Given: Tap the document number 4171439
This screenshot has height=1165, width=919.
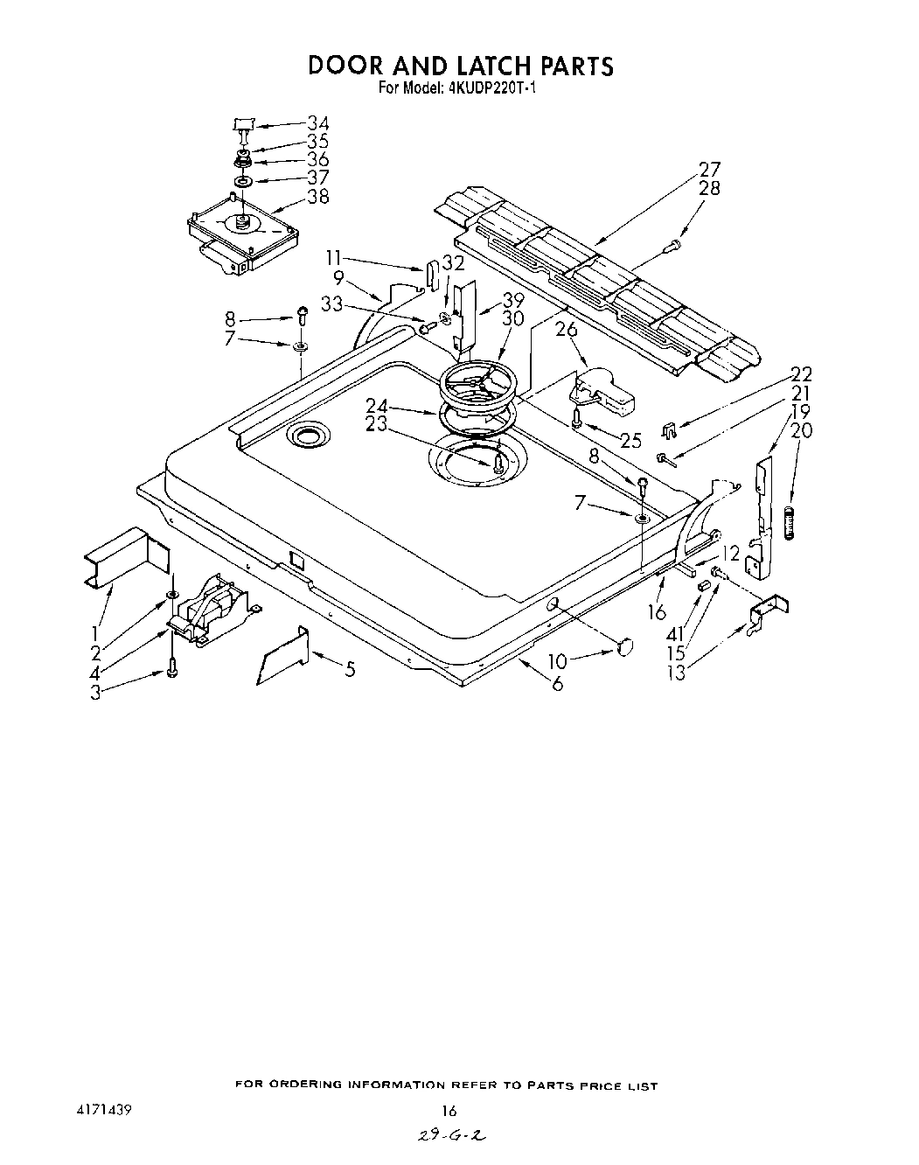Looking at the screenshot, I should (104, 1111).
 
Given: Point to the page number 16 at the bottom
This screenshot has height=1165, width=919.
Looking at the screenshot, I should (449, 1112).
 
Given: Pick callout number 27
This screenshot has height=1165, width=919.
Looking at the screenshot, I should (709, 170).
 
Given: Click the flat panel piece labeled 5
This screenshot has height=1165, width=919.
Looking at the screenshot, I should (282, 654).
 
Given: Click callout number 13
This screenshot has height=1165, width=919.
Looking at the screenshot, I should (676, 672).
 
